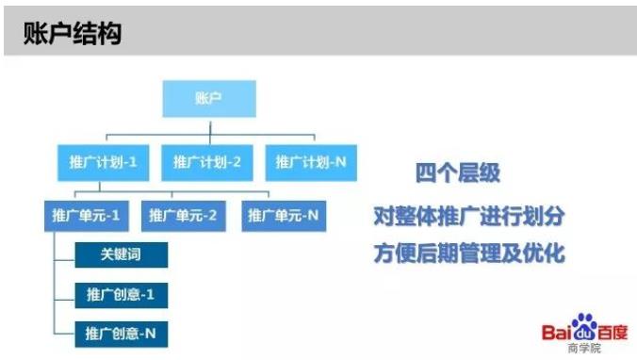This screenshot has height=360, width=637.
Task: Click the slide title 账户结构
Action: click(72, 34)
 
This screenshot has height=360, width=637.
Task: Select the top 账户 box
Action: click(207, 98)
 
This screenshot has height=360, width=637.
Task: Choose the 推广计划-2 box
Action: click(207, 162)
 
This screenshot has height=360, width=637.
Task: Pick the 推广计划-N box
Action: click(311, 162)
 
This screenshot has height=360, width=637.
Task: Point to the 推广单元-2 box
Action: click(184, 216)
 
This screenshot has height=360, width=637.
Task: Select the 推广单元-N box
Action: click(283, 216)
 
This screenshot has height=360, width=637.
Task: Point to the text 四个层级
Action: click(458, 173)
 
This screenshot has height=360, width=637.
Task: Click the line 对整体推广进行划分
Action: click(468, 216)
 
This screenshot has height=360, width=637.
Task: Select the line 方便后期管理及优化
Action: click(468, 254)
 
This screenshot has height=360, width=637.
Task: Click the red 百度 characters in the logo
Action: click(615, 332)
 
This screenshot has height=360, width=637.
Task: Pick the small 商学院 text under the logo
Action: click(584, 348)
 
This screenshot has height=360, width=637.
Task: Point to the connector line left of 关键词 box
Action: click(66, 254)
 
